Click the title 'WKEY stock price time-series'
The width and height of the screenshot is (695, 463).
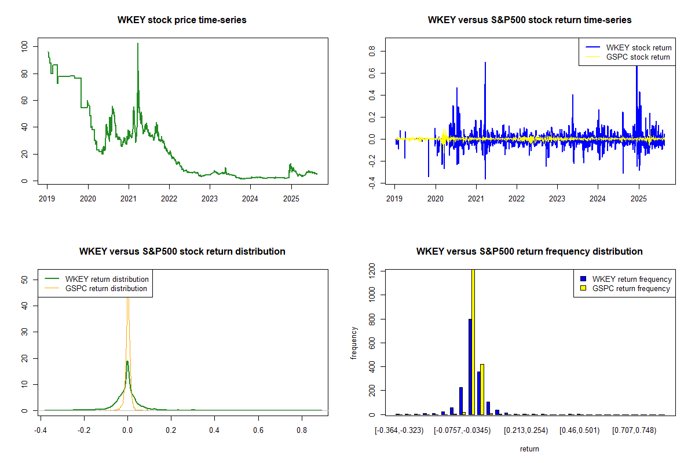tap(182, 20)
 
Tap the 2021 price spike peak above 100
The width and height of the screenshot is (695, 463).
tap(138, 44)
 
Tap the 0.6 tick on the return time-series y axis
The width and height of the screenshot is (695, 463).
tap(372, 74)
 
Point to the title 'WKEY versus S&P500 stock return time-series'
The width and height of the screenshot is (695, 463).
tap(529, 20)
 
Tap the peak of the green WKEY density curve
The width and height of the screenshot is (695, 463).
tap(127, 362)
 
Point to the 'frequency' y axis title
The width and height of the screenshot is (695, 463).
tap(354, 343)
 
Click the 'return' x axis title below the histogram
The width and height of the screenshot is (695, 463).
tap(529, 449)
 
